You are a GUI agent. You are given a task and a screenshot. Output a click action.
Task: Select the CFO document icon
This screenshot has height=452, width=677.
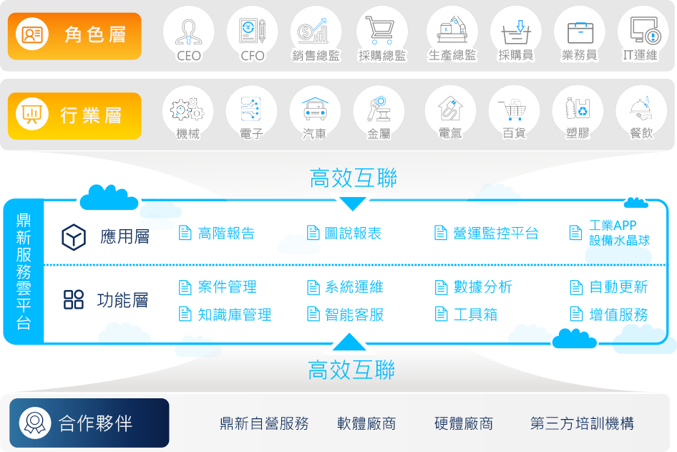pos(252,31)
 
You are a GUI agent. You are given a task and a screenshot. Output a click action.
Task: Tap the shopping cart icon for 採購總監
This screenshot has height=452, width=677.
pos(380,30)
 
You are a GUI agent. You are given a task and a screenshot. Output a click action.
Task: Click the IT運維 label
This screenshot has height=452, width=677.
pos(641,55)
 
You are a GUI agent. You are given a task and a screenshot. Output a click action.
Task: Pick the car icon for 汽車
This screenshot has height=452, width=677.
pos(315,108)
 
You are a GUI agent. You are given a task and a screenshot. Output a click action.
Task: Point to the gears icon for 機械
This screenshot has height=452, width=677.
pos(187,110)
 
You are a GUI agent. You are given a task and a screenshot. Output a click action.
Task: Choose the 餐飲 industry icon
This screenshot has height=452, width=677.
pos(641,108)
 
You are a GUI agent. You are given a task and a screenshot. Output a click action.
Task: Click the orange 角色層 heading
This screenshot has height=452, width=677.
pos(74,36)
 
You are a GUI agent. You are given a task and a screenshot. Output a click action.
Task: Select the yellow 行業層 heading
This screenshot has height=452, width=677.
pos(74,116)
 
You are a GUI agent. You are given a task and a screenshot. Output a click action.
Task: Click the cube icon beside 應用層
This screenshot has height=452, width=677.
pos(74,237)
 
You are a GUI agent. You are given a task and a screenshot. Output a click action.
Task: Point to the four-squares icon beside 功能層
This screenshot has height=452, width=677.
pos(74,299)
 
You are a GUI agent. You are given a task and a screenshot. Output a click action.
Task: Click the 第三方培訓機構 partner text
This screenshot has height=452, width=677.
pos(582,423)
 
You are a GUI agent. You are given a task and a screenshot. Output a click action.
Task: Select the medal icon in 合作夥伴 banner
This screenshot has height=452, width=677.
pos(35,423)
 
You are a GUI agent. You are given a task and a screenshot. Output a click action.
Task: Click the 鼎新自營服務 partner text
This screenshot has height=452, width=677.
pos(264,423)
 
